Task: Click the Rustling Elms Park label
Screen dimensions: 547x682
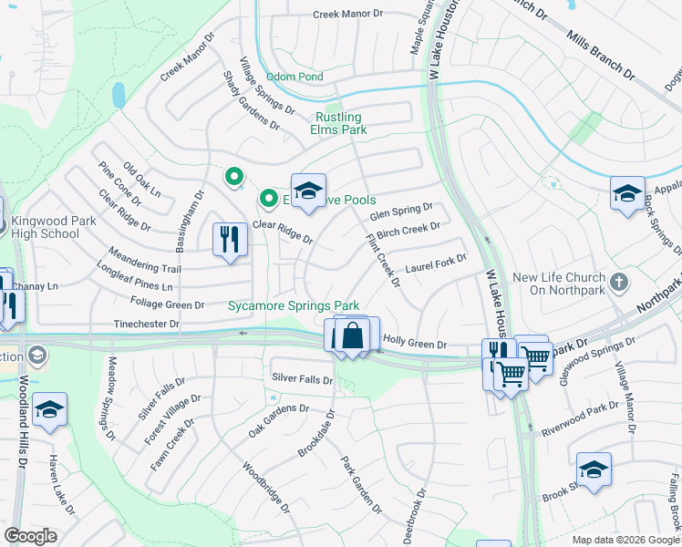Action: click(338, 124)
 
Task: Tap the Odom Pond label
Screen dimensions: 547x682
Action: click(294, 77)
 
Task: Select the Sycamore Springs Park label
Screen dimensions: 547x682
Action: click(294, 306)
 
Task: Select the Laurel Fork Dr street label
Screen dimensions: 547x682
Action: click(436, 263)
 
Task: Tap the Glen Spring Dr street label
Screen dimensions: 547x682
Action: click(400, 212)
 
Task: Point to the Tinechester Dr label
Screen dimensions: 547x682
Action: click(147, 324)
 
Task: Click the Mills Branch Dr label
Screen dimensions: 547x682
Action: click(599, 52)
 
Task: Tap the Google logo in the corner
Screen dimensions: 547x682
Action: click(30, 536)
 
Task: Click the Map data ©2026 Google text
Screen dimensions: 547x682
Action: click(625, 540)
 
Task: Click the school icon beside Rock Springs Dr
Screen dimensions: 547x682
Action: click(627, 193)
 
